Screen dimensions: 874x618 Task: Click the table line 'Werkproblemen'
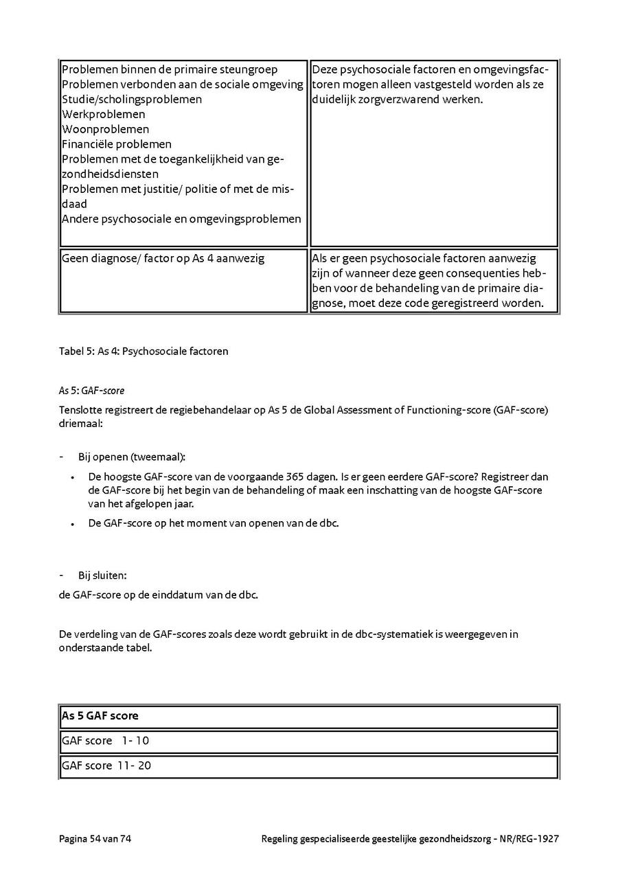(104, 114)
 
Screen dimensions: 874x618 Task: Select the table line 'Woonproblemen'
(105, 129)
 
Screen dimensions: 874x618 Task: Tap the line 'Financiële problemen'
(117, 144)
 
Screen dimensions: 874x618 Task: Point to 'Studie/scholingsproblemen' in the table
(132, 99)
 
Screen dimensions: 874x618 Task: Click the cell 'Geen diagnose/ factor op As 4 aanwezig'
(163, 259)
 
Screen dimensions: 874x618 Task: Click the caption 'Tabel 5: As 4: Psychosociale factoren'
(144, 352)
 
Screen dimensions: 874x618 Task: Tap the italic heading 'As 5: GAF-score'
(91, 391)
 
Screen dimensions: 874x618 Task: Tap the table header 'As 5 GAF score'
(100, 715)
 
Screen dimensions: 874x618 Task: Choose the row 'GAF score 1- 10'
(105, 741)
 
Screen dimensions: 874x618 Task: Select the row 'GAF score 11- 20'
(106, 765)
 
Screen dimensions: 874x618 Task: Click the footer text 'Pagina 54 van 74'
(95, 838)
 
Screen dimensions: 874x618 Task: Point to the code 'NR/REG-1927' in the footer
(529, 838)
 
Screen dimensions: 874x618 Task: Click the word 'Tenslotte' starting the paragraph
(81, 410)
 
